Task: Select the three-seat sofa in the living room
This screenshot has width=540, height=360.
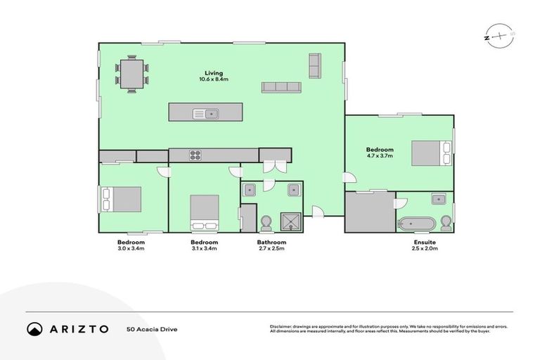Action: (x=281, y=87)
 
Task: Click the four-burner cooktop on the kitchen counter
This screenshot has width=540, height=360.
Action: (x=195, y=155)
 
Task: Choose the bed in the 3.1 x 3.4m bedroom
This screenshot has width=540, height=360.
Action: (x=205, y=212)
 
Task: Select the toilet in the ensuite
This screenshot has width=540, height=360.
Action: (x=444, y=224)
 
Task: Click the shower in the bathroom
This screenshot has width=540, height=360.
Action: (x=290, y=222)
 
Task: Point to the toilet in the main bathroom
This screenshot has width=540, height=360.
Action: (x=266, y=223)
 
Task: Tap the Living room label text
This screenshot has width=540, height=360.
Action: (x=214, y=73)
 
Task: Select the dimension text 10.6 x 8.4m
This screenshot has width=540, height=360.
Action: (x=214, y=80)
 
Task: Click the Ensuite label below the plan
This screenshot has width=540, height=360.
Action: (x=425, y=243)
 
